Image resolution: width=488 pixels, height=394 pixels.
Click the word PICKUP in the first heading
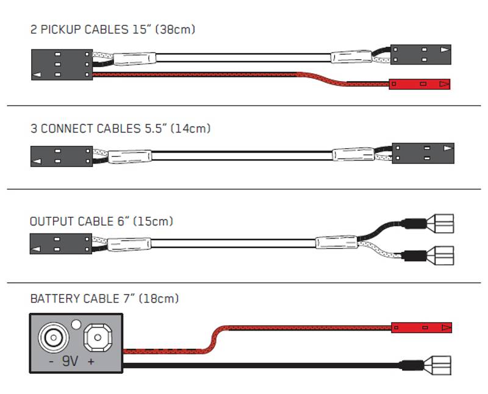[x=59, y=29]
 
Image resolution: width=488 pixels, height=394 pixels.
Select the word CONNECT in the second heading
[x=66, y=129]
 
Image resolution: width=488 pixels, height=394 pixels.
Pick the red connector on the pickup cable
[x=420, y=84]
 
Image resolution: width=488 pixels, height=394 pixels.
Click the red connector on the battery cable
[x=421, y=328]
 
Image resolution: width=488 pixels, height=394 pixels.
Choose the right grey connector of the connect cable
[x=423, y=152]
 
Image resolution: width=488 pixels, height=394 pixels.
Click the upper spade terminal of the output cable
[x=443, y=223]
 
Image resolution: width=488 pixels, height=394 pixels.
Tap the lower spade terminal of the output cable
[x=443, y=254]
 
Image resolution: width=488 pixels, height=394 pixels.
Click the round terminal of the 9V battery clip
[x=51, y=336]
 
